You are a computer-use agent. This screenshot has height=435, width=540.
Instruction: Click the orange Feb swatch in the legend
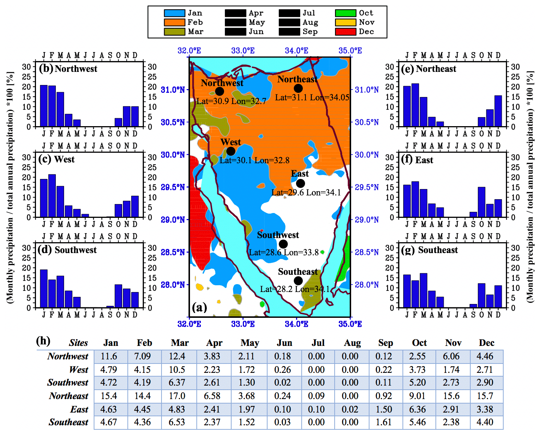(174, 22)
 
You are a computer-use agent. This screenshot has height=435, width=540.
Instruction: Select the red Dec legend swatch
(346, 32)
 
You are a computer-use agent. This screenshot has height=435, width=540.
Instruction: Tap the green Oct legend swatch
(346, 13)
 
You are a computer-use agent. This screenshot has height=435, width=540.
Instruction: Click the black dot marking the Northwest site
(220, 91)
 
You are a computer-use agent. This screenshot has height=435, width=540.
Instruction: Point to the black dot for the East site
(300, 183)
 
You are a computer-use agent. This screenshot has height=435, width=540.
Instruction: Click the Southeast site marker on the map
(298, 281)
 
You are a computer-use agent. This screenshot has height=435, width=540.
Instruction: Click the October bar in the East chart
(482, 202)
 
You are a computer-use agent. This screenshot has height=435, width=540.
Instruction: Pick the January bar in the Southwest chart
(44, 289)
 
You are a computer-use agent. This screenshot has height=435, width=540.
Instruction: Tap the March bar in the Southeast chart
(423, 290)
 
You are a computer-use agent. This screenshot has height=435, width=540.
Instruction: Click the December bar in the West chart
(135, 207)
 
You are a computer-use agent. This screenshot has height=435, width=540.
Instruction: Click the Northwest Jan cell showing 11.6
(109, 356)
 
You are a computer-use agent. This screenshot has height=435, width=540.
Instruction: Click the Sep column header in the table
(386, 343)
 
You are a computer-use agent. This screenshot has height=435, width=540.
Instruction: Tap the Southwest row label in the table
(68, 383)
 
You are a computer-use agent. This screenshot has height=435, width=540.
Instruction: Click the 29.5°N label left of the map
(173, 187)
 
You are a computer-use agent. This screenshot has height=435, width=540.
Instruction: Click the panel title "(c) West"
(57, 159)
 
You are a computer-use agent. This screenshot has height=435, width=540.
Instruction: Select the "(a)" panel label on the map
(199, 308)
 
